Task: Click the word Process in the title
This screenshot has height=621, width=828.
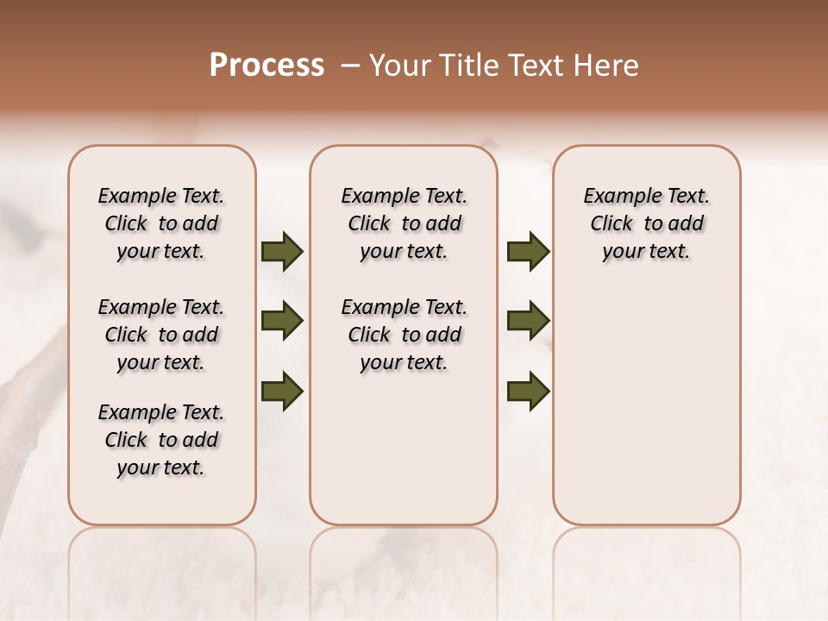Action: pos(267,66)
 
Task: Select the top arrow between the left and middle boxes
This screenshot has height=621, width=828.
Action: pos(282,251)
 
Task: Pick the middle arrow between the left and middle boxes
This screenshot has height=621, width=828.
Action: pos(282,321)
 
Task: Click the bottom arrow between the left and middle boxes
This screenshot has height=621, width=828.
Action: pos(282,391)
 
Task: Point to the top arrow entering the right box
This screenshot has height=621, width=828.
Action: pos(528,251)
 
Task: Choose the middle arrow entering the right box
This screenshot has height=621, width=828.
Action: pos(528,321)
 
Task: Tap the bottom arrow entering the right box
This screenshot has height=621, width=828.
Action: pos(528,391)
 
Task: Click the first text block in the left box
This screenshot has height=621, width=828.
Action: pos(161,223)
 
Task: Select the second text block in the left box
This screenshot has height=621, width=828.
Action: pos(161,335)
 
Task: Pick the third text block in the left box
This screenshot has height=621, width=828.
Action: pos(161,440)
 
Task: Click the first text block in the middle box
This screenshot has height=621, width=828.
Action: pos(404,223)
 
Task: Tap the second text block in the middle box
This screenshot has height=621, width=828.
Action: pos(404,335)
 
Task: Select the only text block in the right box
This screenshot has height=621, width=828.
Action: pos(647,223)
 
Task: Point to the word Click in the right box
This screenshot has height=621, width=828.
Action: pos(612,224)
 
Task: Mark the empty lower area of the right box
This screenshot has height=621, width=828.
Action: pos(647,405)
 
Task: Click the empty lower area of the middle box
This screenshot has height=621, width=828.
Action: pos(404,448)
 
